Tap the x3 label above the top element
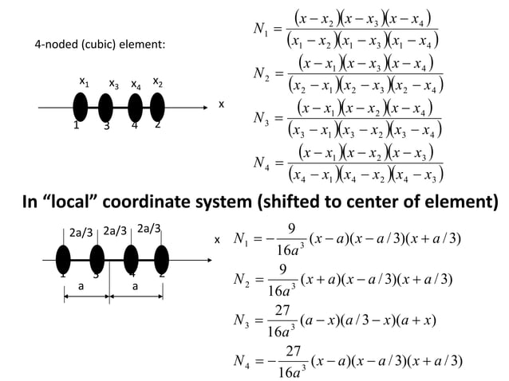tap(113, 83)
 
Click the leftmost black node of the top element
tap(81, 107)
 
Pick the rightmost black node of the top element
tap(157, 107)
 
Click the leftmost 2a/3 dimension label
tap(81, 233)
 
